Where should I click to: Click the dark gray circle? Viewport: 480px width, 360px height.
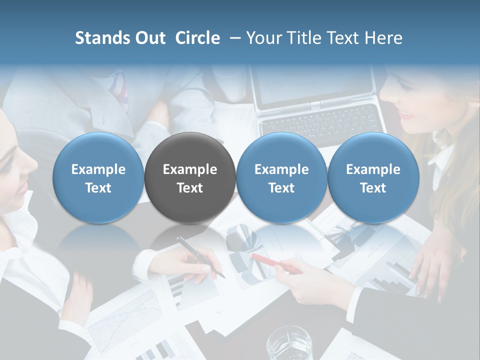(x=190, y=178)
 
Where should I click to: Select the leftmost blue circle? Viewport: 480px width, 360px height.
(x=98, y=178)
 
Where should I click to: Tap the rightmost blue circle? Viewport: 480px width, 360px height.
(x=373, y=178)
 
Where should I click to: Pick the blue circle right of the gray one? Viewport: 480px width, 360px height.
(x=281, y=178)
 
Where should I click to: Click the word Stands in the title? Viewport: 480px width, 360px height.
(x=102, y=38)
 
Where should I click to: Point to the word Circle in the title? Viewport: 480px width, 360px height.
(x=197, y=38)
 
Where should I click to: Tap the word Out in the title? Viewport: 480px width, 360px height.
(x=149, y=38)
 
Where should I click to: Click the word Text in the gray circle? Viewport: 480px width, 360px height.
(x=190, y=188)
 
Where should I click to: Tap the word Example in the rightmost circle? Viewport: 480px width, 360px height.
(x=373, y=169)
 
